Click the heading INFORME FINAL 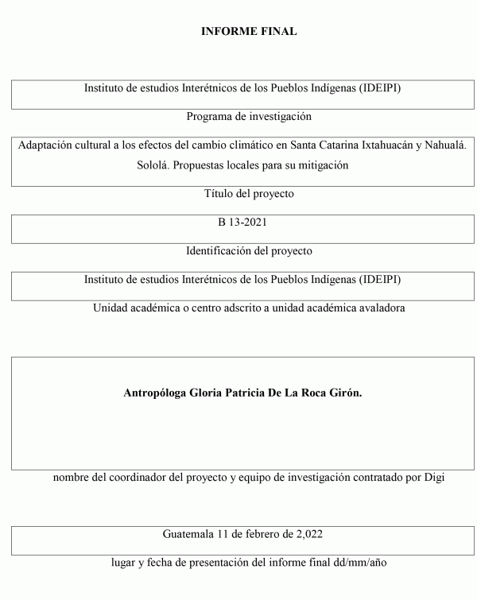click(249, 32)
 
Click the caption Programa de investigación click(249, 117)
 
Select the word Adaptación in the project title click(45, 146)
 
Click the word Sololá click(155, 165)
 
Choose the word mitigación click(322, 165)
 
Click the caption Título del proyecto click(249, 193)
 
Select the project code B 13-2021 click(249, 222)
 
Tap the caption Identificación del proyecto click(249, 250)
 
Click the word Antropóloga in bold click(158, 392)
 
